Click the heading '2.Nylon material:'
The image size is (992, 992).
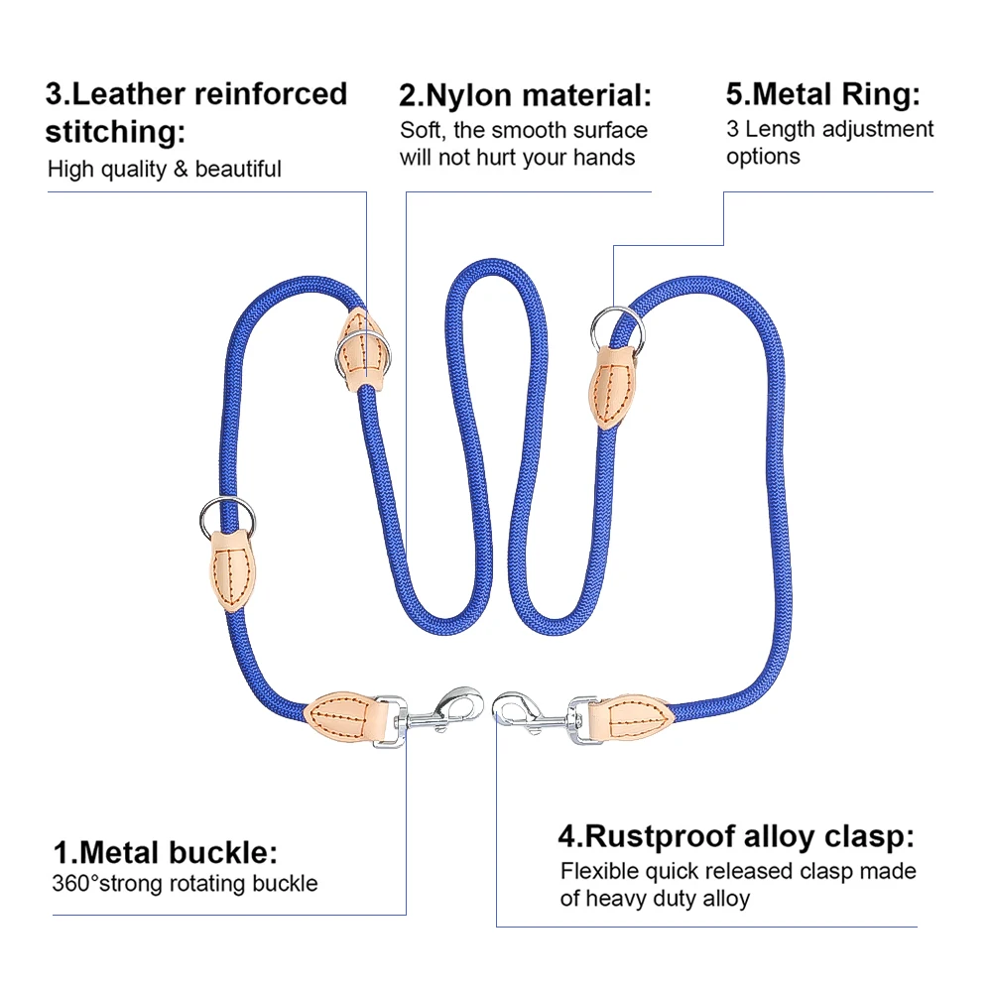coord(526,96)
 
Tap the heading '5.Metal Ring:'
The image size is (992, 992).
coord(822,95)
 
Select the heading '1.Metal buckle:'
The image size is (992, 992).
coord(165,852)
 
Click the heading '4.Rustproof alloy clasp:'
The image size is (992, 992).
coord(735,836)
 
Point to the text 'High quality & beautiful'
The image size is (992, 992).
coord(165,169)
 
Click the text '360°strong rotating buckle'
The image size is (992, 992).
coord(185,883)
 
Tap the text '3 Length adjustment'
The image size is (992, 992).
coord(829,129)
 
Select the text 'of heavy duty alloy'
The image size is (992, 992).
coord(655,899)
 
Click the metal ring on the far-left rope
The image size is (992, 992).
coord(227,514)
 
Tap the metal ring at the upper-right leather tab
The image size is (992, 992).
coord(615,325)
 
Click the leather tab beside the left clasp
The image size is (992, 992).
coord(339,714)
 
